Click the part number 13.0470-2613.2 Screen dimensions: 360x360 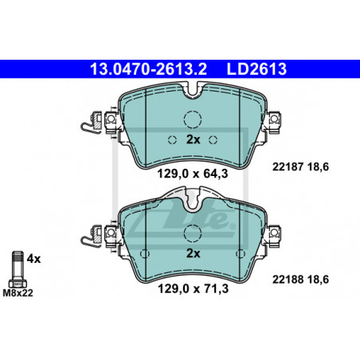click(148, 69)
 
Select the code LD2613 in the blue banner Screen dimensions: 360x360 click(256, 69)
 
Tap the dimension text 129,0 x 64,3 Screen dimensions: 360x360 click(193, 174)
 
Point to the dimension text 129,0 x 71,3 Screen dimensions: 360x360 click(193, 288)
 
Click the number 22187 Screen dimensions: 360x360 click(288, 166)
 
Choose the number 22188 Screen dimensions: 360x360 click(288, 280)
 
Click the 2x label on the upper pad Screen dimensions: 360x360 click(193, 139)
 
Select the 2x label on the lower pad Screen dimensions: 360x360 click(193, 253)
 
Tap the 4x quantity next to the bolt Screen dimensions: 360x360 click(33, 259)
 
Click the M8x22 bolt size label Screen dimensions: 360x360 click(18, 293)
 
